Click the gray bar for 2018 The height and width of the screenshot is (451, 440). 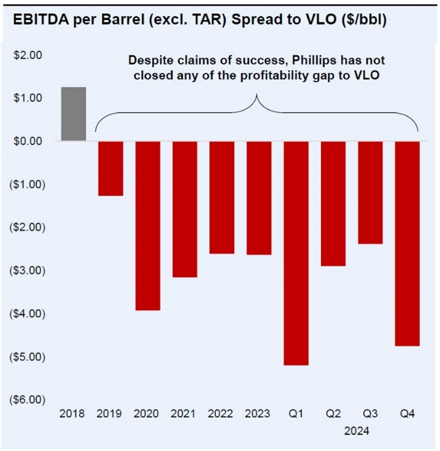(73, 114)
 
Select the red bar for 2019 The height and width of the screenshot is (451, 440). (110, 168)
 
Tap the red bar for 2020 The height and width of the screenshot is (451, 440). (148, 225)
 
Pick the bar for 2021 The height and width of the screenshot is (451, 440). (185, 209)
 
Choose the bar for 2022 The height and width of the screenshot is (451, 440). (222, 197)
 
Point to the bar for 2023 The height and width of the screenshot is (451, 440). (259, 198)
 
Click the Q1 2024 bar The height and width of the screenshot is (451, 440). (296, 252)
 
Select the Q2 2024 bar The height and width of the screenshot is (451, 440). (333, 203)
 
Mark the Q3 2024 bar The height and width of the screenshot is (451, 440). (370, 192)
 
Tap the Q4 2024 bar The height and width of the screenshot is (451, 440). (407, 243)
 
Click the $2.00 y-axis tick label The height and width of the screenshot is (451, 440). (28, 55)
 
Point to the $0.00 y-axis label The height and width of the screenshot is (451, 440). (28, 141)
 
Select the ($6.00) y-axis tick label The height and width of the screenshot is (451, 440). (27, 399)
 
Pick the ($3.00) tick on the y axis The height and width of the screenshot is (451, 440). (27, 270)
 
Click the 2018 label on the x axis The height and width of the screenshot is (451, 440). (72, 413)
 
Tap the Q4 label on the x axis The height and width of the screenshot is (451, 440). (408, 413)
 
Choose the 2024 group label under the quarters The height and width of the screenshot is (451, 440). (356, 430)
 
